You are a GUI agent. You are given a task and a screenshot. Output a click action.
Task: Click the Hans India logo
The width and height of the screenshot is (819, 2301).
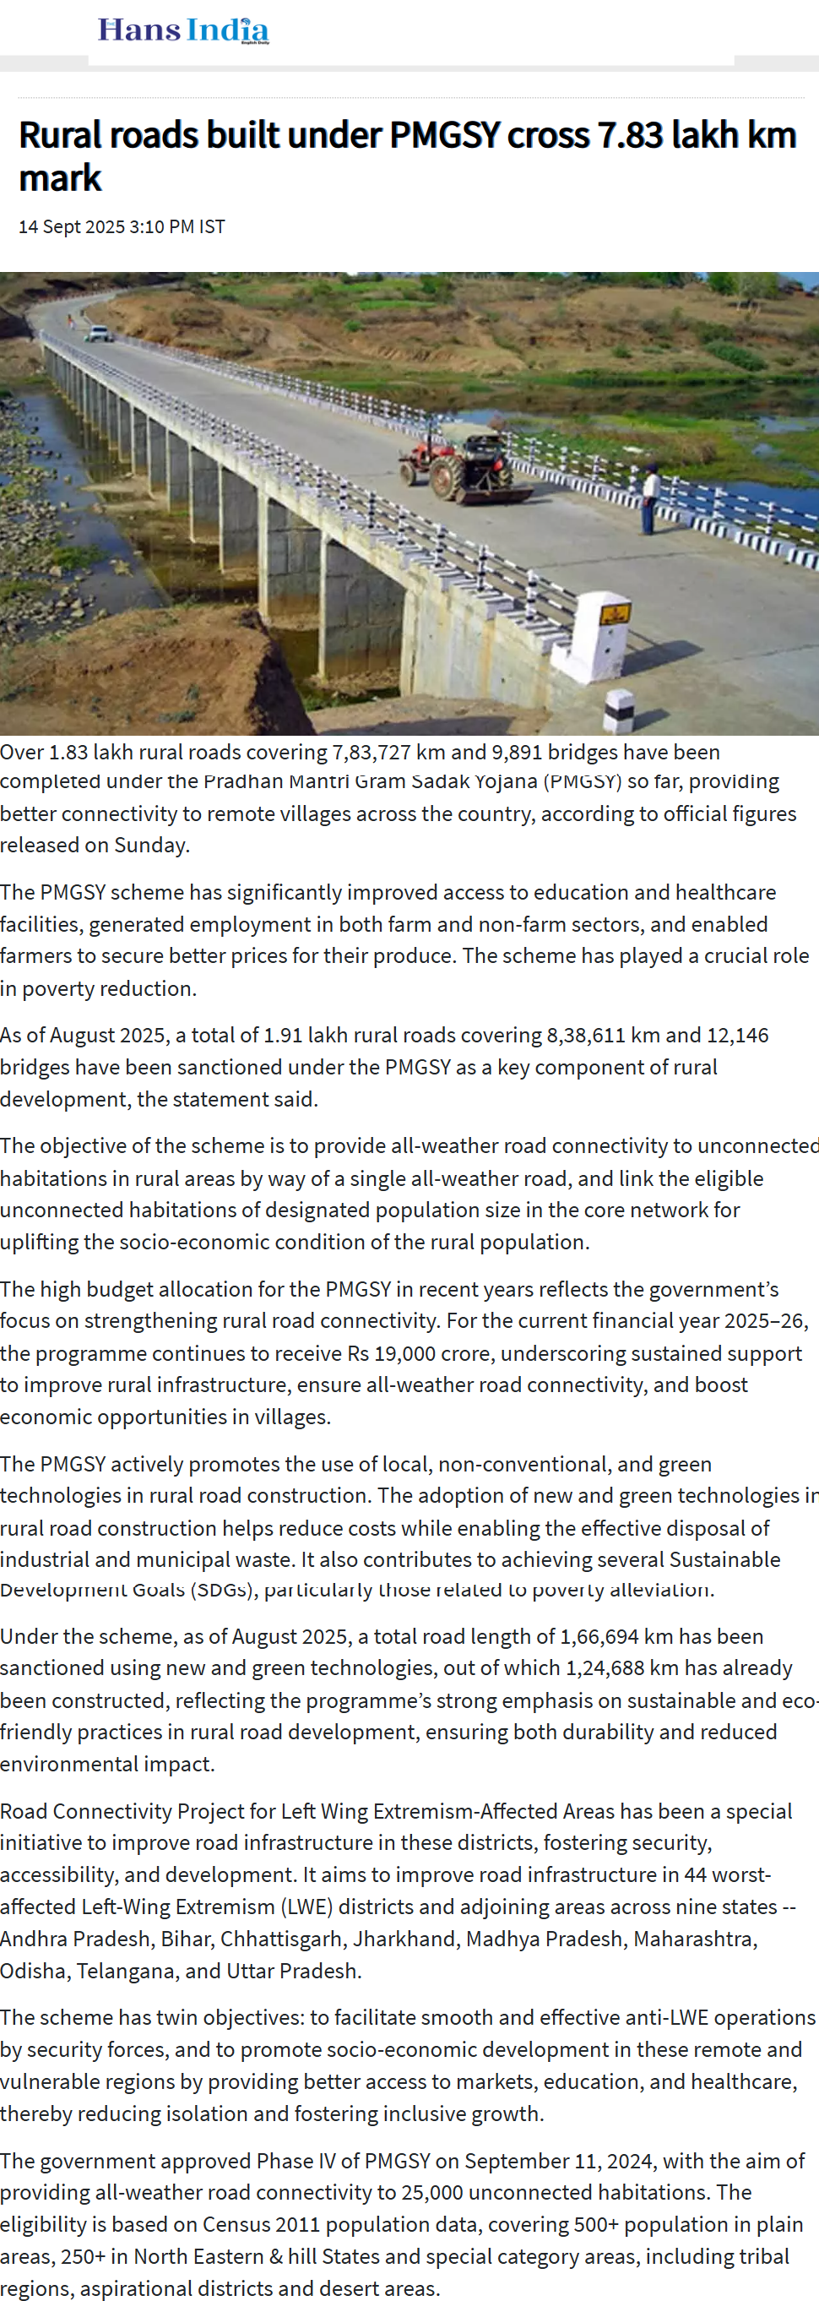[x=183, y=30]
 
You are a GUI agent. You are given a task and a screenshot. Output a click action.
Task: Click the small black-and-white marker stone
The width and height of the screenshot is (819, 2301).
[x=618, y=711]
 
